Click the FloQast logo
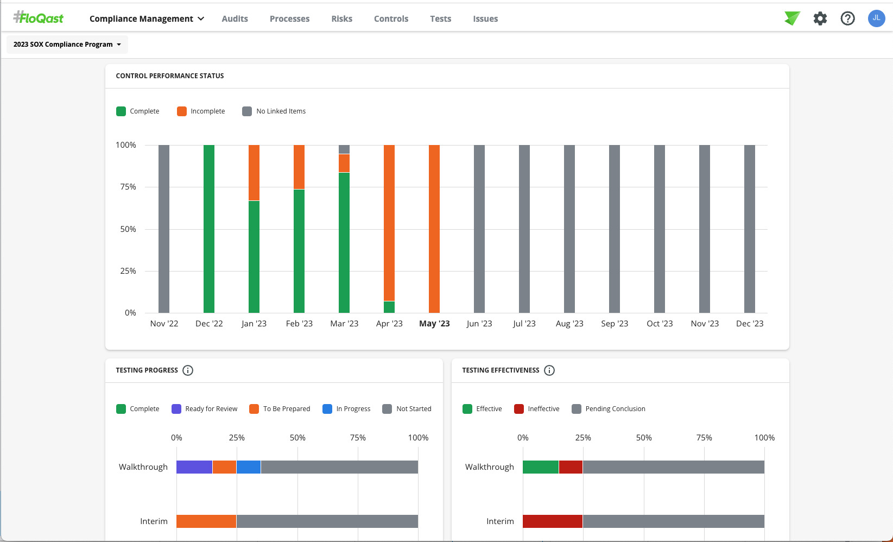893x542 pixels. point(39,18)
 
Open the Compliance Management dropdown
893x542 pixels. point(147,18)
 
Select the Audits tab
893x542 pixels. point(235,18)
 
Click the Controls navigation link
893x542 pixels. point(391,18)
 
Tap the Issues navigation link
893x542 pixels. point(485,18)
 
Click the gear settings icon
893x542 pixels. point(820,18)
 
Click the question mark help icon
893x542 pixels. point(847,18)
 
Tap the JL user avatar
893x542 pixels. point(876,18)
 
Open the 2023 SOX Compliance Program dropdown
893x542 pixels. point(67,45)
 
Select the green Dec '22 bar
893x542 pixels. point(209,228)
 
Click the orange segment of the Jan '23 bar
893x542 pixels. point(254,173)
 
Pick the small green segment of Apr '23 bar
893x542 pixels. point(389,307)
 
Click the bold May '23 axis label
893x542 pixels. point(434,324)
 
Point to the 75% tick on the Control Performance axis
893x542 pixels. point(128,187)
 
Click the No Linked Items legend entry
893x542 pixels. point(274,111)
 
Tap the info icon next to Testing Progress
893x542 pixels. point(188,370)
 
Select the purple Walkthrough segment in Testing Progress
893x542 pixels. point(194,467)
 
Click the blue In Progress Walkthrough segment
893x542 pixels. point(249,467)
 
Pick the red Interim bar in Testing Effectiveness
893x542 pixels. point(552,521)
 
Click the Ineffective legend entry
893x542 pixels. point(537,409)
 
